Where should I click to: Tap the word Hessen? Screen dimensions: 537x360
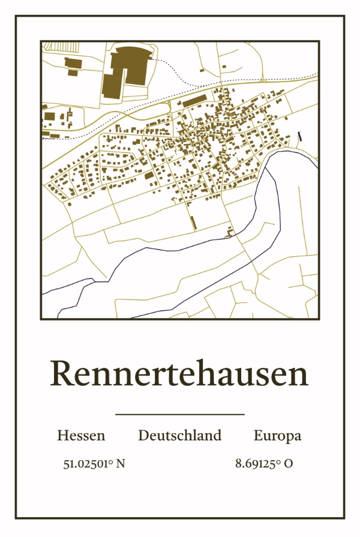(x=81, y=436)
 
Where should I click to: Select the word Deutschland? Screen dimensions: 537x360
(x=179, y=436)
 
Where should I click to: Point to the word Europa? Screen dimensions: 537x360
(x=277, y=436)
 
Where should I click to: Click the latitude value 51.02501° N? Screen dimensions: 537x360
(x=94, y=464)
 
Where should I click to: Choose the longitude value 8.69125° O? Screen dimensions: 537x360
(x=264, y=464)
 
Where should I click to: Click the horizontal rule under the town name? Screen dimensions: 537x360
(x=179, y=414)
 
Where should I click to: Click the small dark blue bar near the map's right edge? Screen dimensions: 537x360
(x=299, y=136)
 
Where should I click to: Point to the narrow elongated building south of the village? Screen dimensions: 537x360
(x=193, y=222)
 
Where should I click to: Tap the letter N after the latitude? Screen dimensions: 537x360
(x=121, y=464)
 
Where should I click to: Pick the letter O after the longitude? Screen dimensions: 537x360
(x=289, y=464)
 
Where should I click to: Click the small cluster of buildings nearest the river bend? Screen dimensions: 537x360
(x=229, y=232)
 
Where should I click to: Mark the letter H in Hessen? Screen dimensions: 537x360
(x=62, y=436)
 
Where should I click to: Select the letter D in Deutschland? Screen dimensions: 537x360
(x=144, y=436)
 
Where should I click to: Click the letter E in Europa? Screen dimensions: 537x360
(x=258, y=436)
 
